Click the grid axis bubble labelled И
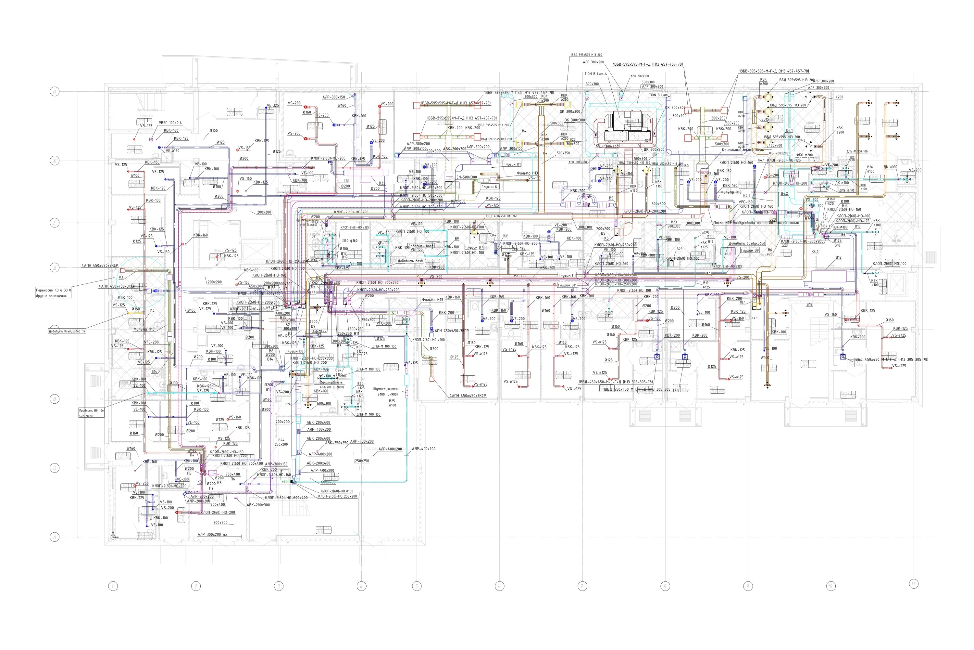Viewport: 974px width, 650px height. pyautogui.click(x=55, y=91)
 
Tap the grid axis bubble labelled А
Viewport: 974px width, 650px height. pyautogui.click(x=55, y=537)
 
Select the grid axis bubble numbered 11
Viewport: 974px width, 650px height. pyautogui.click(x=914, y=584)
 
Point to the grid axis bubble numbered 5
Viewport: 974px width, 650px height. pyautogui.click(x=417, y=586)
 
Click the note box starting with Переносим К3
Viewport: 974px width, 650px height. pyautogui.click(x=54, y=293)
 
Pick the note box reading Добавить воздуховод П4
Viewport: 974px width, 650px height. pyautogui.click(x=67, y=331)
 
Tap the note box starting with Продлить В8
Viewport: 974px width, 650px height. pyautogui.click(x=92, y=413)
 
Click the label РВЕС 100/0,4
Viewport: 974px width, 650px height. pyautogui.click(x=170, y=123)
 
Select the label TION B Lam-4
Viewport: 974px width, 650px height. pyautogui.click(x=595, y=74)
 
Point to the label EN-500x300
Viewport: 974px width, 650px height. pyautogui.click(x=466, y=177)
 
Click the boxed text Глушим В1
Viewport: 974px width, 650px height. pyautogui.click(x=512, y=164)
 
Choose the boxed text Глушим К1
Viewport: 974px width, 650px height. pyautogui.click(x=490, y=187)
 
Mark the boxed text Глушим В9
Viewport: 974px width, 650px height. pyautogui.click(x=750, y=250)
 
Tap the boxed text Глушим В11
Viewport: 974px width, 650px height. pyautogui.click(x=567, y=285)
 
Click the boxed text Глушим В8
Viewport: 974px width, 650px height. pyautogui.click(x=294, y=351)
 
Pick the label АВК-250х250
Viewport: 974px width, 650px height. pyautogui.click(x=336, y=443)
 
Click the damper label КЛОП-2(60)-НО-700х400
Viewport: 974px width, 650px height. pyautogui.click(x=242, y=463)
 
